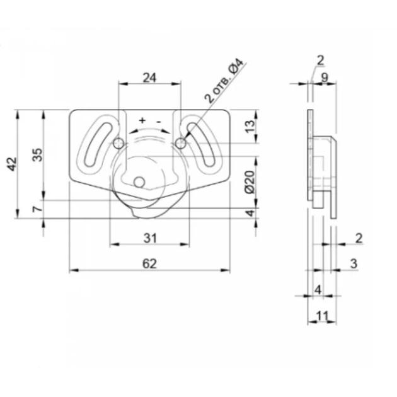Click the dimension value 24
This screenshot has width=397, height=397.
tap(149, 78)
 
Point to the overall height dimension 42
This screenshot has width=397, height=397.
tap(11, 164)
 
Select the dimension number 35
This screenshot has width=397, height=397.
tap(37, 154)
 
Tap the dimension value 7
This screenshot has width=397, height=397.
tap(37, 209)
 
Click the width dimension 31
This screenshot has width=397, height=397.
tap(150, 238)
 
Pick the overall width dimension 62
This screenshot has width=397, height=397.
tap(149, 263)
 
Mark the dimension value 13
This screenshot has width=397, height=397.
tap(250, 126)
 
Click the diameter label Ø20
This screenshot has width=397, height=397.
tap(250, 182)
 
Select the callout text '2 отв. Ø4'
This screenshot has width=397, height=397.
tap(224, 80)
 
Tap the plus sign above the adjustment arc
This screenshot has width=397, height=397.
tap(142, 120)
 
